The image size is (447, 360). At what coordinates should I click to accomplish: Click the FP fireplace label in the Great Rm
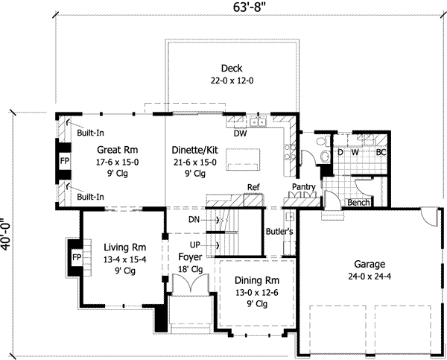coord(65,162)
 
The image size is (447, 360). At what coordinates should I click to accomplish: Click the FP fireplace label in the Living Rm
coord(75,257)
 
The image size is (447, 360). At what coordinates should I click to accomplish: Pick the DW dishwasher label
coord(240,135)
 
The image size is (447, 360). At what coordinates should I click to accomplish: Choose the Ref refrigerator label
coord(253,187)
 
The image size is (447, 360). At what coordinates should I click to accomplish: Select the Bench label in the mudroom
coord(359,203)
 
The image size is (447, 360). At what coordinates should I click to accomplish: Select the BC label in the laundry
coord(381,153)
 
